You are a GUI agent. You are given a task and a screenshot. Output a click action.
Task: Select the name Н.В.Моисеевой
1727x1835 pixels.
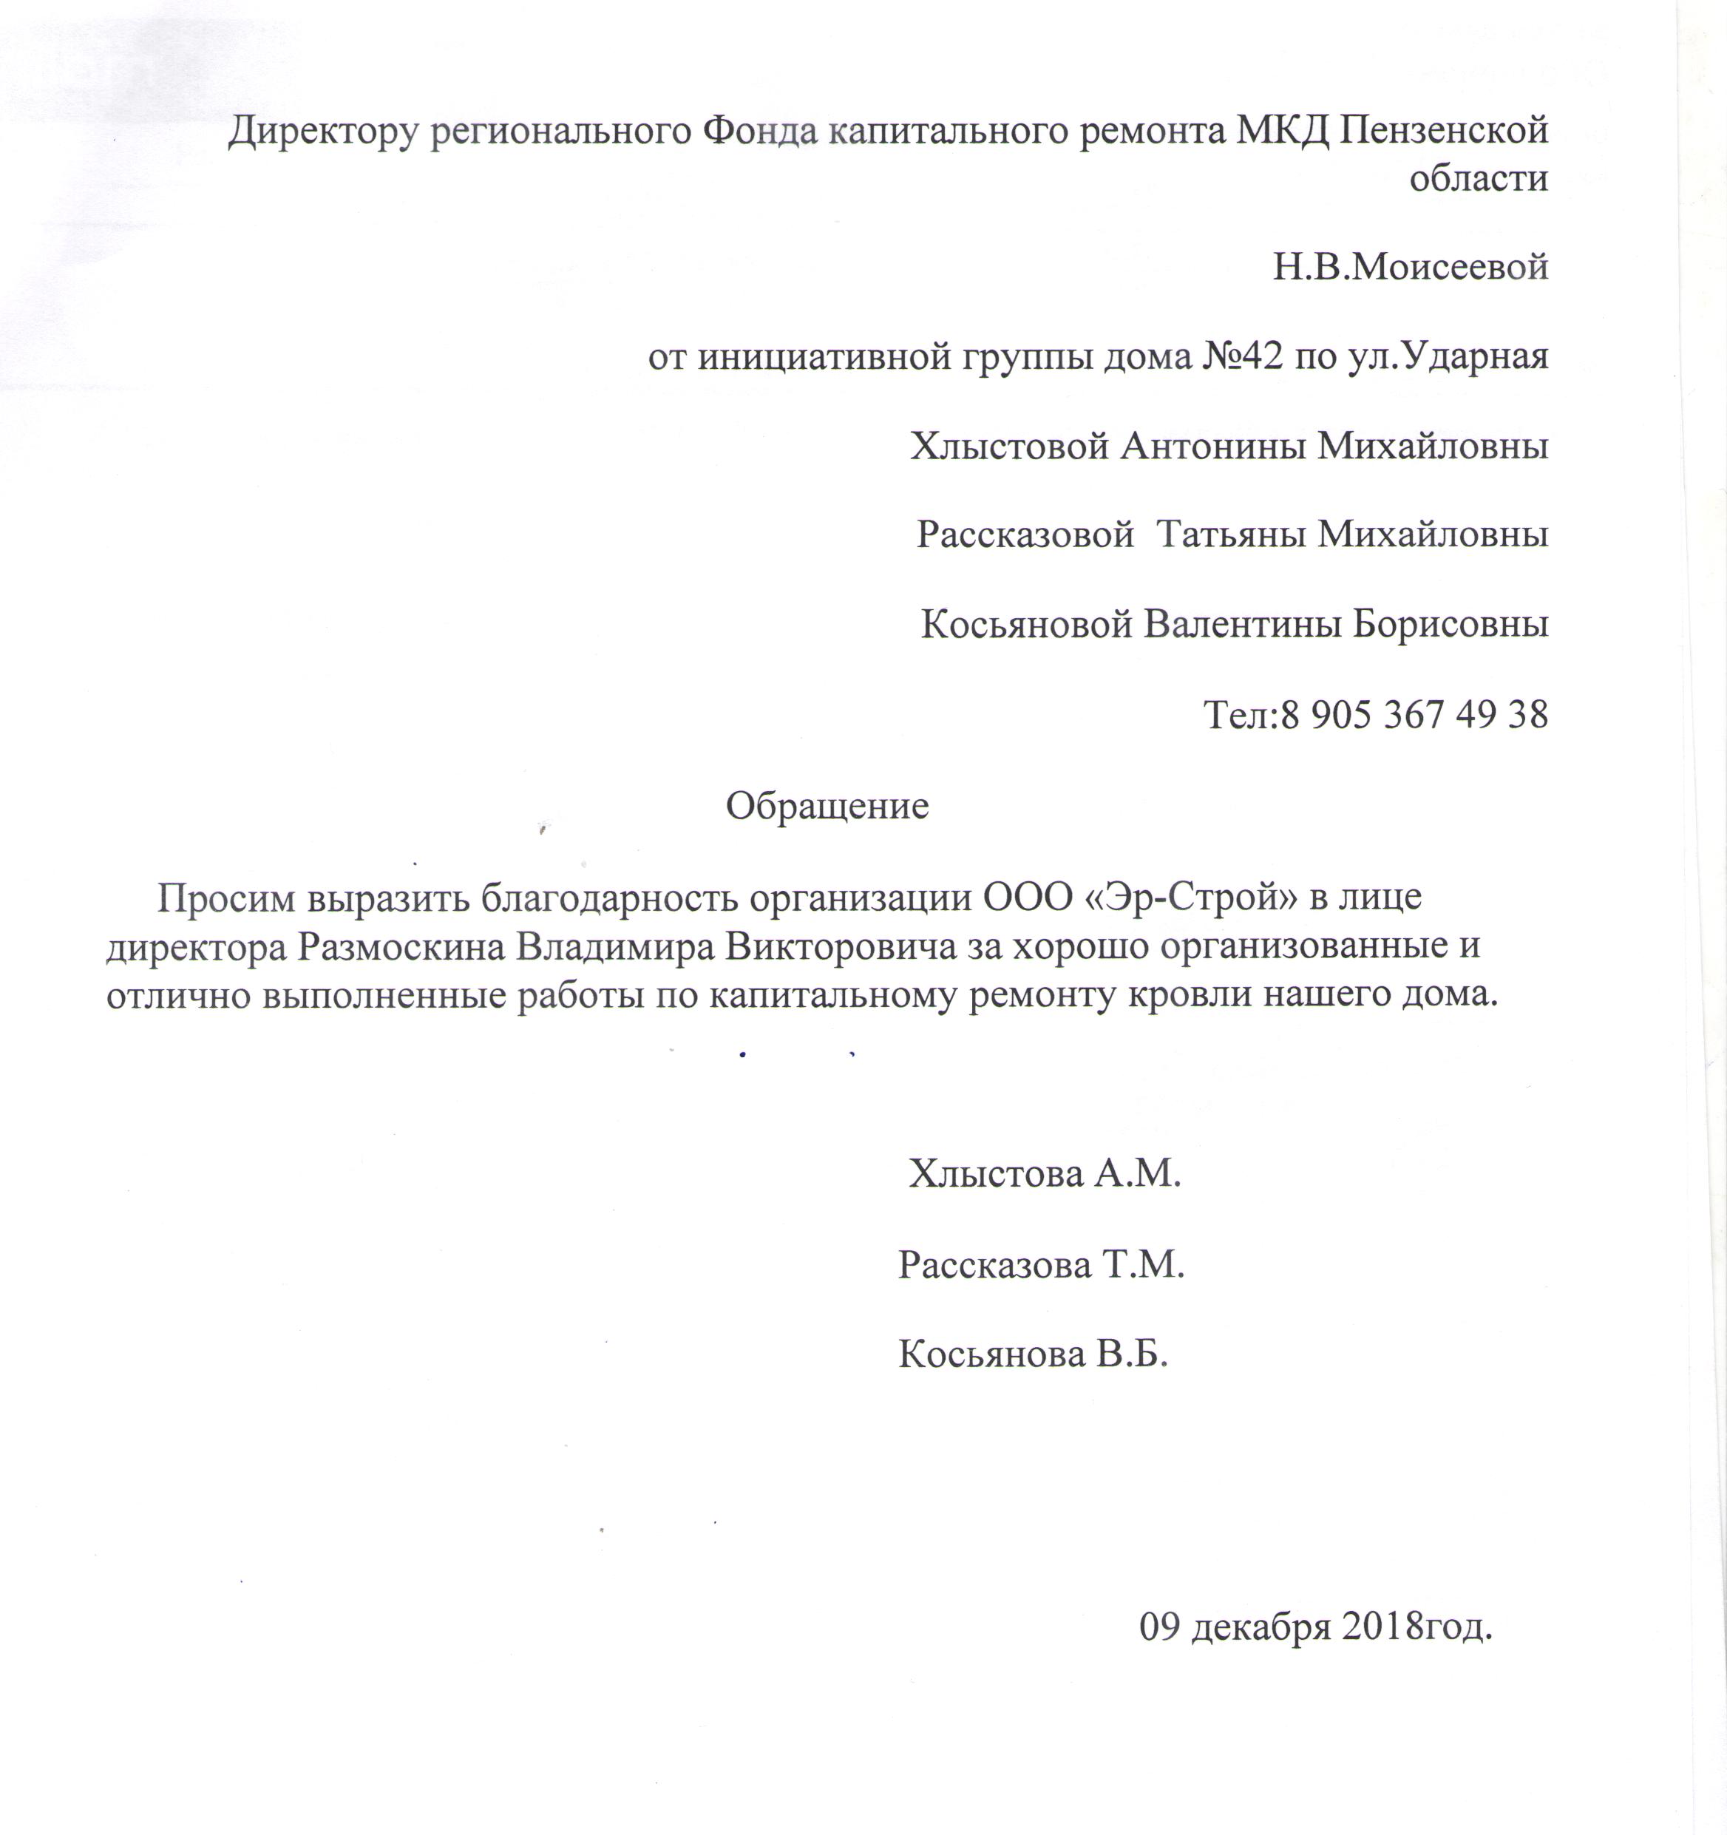coord(1410,268)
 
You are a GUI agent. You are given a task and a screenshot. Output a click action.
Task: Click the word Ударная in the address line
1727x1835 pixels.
coord(1475,356)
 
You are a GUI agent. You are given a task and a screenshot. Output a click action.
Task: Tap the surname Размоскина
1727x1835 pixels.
coord(401,948)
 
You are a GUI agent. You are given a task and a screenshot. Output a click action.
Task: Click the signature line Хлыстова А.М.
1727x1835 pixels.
coord(1044,1173)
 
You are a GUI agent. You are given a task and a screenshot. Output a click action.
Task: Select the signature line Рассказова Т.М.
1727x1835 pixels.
coord(1040,1264)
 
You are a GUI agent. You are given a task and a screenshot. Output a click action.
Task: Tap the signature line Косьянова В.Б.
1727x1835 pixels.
coord(1033,1354)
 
